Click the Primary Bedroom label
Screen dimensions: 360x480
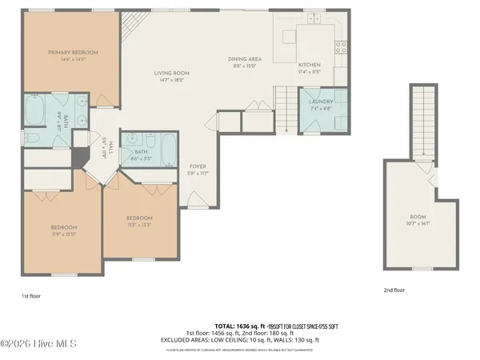73,53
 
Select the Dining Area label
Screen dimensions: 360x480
245,58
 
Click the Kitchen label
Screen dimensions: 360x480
309,65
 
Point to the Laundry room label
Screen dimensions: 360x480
321,102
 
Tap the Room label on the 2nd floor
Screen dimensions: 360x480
418,217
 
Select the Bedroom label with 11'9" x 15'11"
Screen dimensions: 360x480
57,229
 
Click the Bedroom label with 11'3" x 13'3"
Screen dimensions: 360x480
138,218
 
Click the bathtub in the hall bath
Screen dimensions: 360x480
170,148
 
